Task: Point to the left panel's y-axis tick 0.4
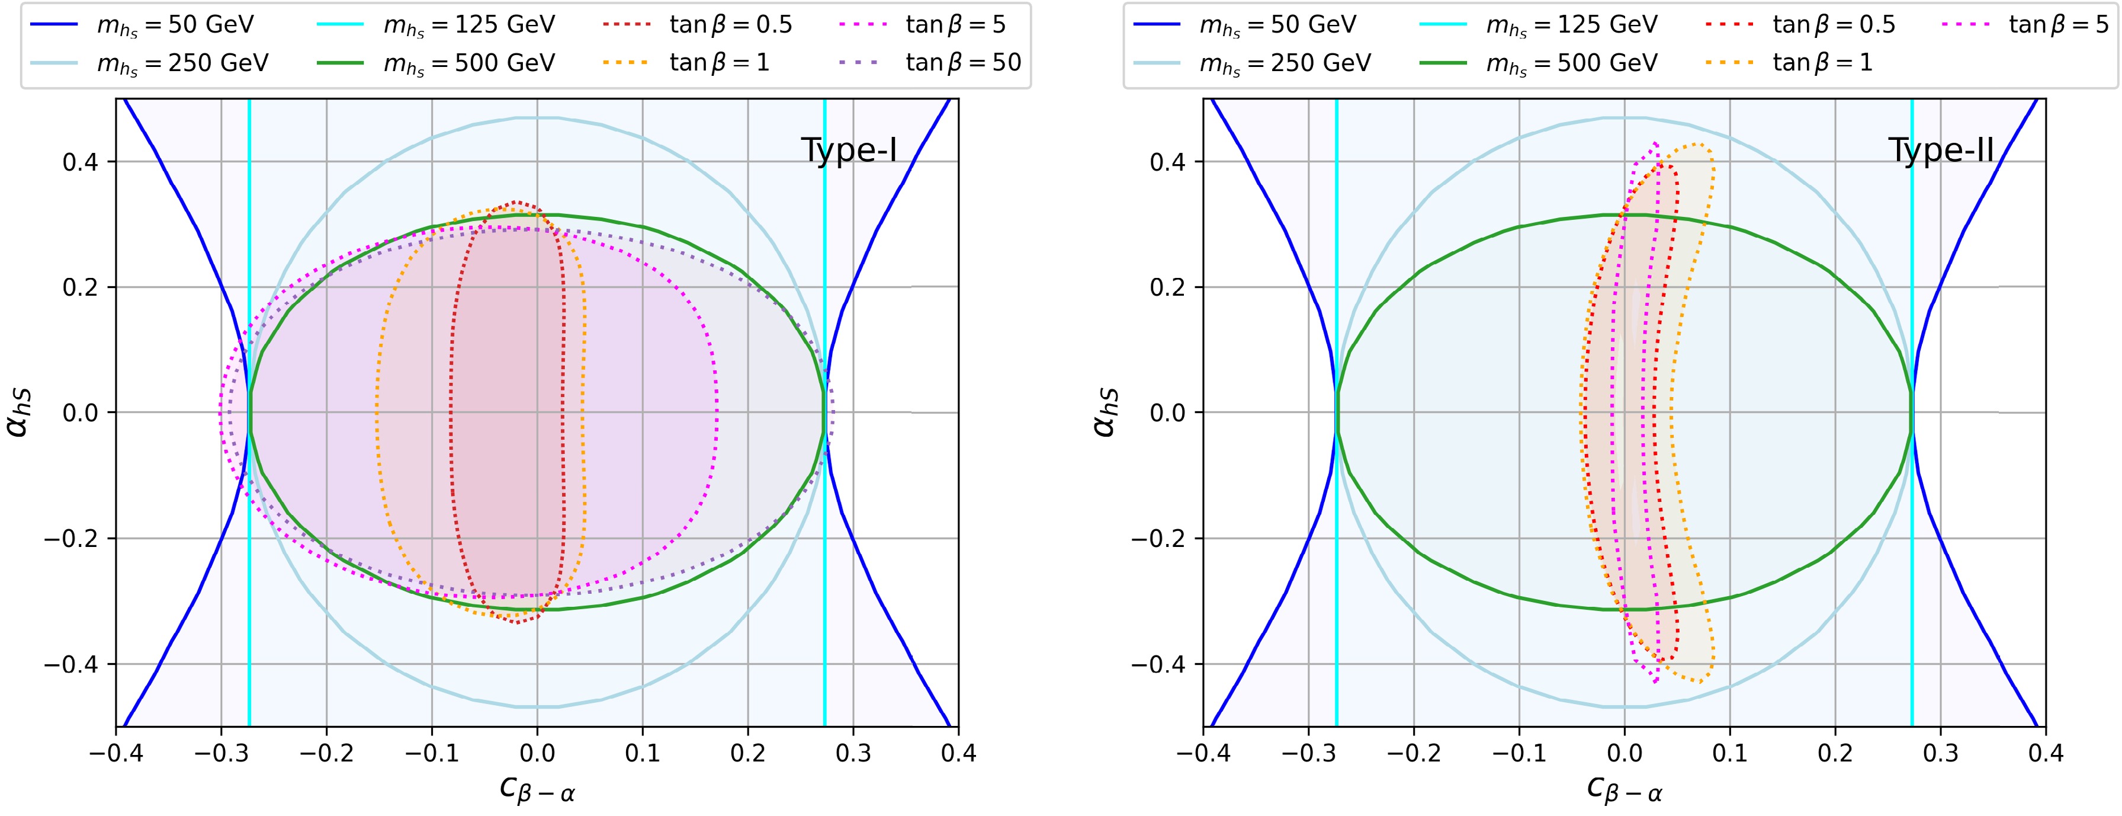tap(80, 162)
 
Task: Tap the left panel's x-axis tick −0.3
tap(221, 753)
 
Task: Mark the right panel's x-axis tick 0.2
tap(1835, 753)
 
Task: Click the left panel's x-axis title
tap(537, 789)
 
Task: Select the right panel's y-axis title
tap(1106, 412)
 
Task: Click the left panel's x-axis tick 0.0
tap(537, 753)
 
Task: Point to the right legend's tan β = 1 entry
tap(1822, 63)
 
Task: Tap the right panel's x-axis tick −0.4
tap(1203, 753)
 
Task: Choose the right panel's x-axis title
tap(1625, 789)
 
